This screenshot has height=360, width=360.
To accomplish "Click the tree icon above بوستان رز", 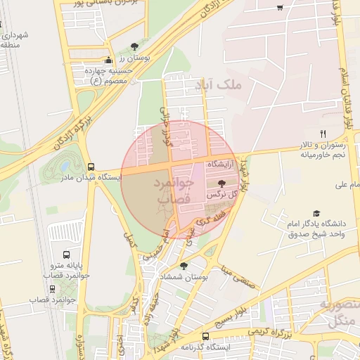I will (x=144, y=45).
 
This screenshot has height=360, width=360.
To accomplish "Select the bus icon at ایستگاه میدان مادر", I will (x=91, y=167).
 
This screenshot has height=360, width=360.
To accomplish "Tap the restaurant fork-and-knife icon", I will (x=323, y=134).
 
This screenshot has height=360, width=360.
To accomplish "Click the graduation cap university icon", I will (x=316, y=212).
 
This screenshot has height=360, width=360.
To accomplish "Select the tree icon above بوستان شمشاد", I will (x=184, y=266).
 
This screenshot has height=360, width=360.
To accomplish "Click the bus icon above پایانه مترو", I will (x=66, y=255).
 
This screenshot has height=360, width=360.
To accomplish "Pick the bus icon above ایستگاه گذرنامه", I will (x=205, y=336).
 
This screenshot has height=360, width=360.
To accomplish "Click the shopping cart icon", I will (x=280, y=8).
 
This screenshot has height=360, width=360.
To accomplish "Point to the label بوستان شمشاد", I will (x=205, y=278).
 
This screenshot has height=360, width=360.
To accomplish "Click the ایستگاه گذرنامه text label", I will (x=205, y=347).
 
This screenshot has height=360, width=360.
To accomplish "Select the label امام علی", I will (x=327, y=185).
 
